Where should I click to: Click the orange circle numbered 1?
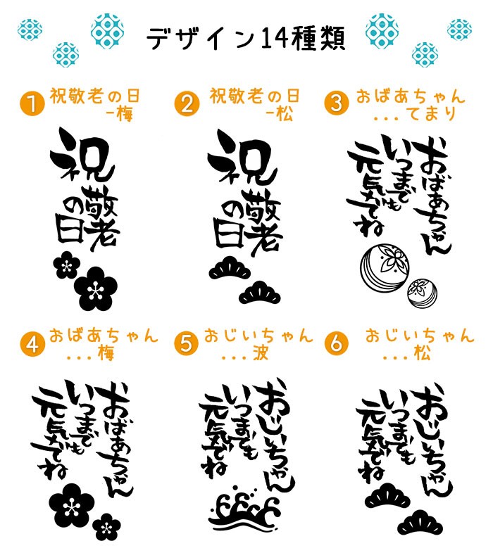(x=32, y=103)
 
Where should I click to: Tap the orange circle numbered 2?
(x=187, y=103)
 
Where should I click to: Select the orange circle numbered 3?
(x=336, y=103)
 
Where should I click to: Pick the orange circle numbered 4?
(x=32, y=344)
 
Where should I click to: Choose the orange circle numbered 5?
(x=186, y=344)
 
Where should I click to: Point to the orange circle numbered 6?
(x=336, y=343)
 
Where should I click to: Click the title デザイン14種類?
(x=246, y=38)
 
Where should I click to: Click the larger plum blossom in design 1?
(x=96, y=288)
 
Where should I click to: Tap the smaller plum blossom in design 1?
(x=66, y=265)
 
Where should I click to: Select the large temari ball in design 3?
(x=385, y=266)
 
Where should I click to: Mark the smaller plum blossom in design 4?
(x=106, y=527)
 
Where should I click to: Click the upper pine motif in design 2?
(x=229, y=269)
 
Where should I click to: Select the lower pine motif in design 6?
(x=420, y=524)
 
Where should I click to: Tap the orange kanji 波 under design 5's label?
(x=261, y=354)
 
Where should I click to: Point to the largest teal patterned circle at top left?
(x=107, y=31)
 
